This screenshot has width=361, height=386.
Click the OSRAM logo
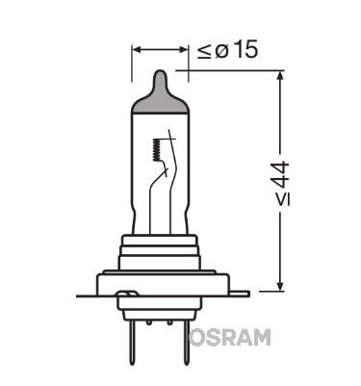coord(229,337)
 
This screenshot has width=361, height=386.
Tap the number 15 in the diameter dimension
coord(245,50)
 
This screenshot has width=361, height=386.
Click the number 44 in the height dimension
coord(283,175)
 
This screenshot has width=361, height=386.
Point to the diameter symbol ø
coord(221,51)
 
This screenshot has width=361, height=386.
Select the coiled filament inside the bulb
coord(157,150)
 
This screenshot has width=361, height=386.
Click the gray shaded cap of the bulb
coord(159,95)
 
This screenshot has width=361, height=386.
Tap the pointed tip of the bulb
coord(160,71)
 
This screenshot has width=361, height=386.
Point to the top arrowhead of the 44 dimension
coord(280,77)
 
